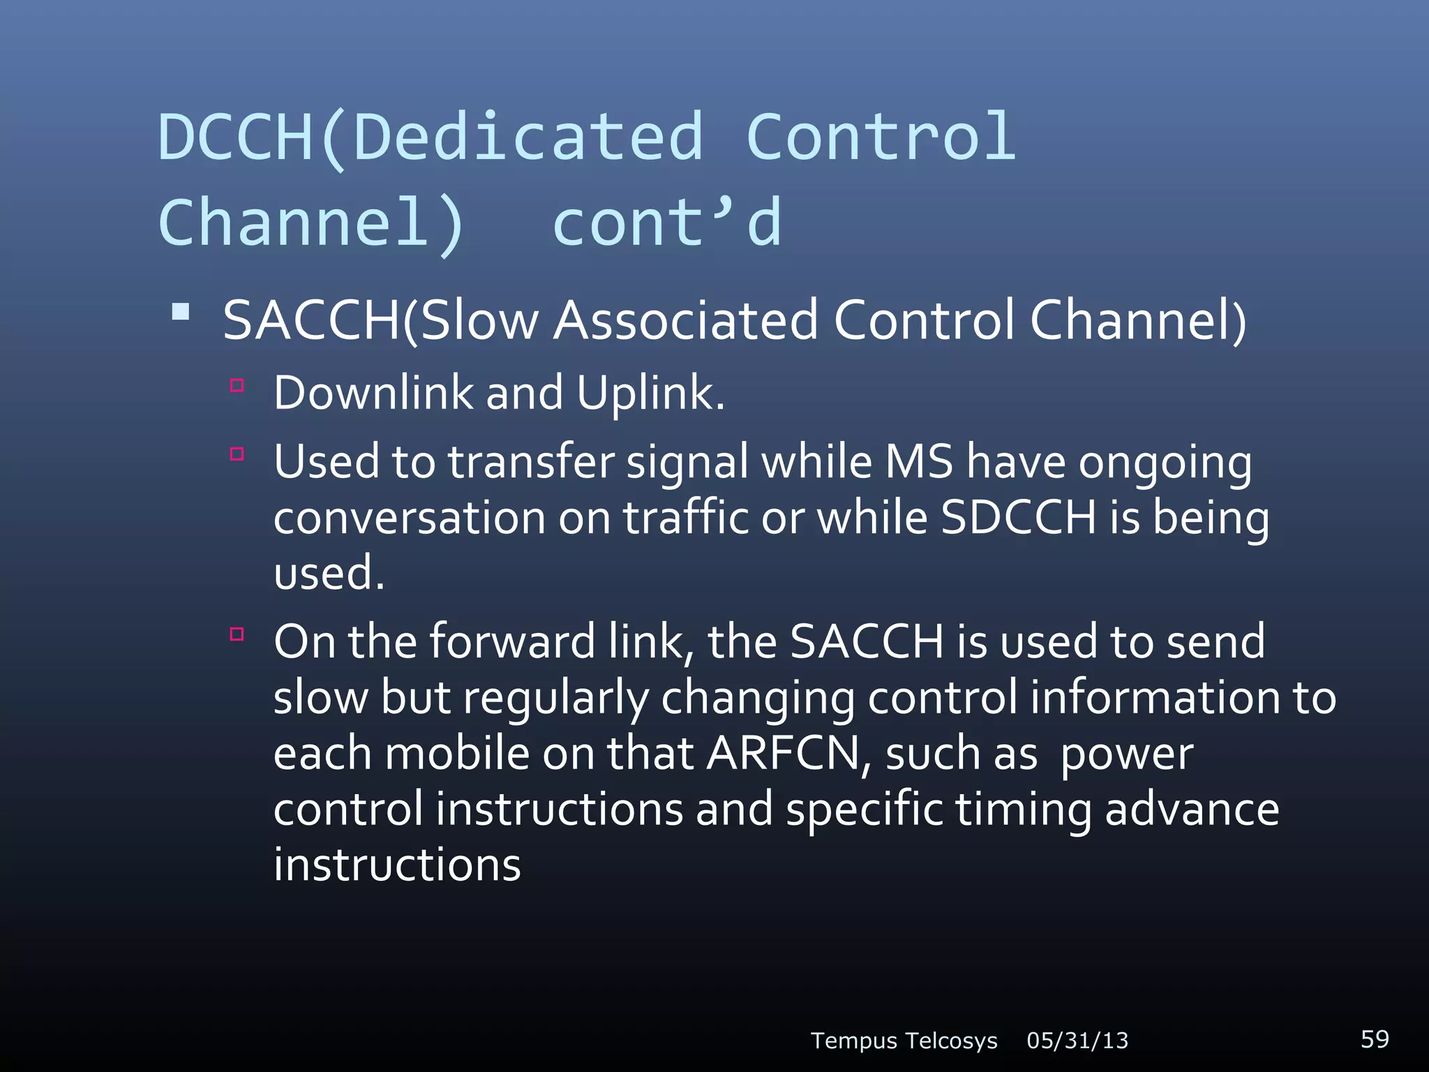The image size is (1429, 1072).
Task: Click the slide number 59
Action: pyautogui.click(x=1375, y=1038)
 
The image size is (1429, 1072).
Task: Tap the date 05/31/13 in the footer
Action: pyautogui.click(x=1077, y=1041)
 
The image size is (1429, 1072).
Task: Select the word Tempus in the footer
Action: pyautogui.click(x=853, y=1041)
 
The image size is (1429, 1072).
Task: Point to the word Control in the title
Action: pyautogui.click(x=881, y=137)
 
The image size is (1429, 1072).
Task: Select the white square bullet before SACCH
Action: pyautogui.click(x=181, y=311)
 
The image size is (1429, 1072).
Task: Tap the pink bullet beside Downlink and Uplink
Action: pyautogui.click(x=237, y=385)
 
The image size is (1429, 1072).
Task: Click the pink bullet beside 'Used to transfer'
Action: pyautogui.click(x=237, y=454)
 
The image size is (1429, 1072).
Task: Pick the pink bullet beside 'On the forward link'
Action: pyautogui.click(x=237, y=634)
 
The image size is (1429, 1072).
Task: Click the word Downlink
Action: pyautogui.click(x=373, y=393)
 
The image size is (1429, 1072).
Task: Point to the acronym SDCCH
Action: pyautogui.click(x=1018, y=518)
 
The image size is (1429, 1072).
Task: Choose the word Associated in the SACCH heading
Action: pyautogui.click(x=686, y=320)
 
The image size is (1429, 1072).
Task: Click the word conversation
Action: pyautogui.click(x=410, y=519)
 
